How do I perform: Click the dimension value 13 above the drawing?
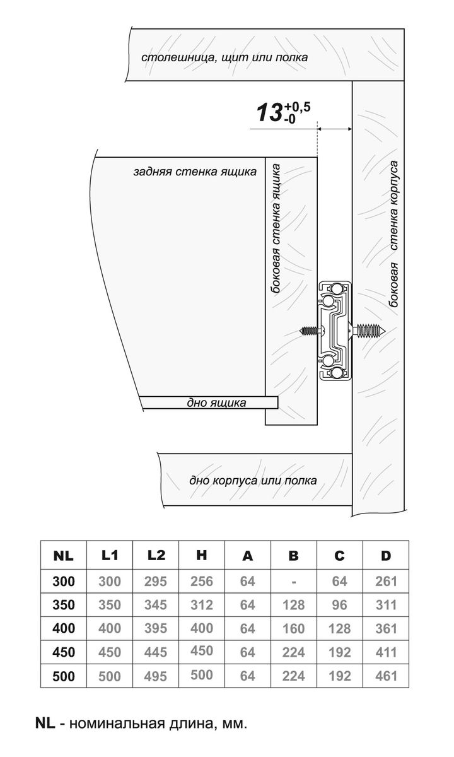(269, 114)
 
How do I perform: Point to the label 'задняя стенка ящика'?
(195, 172)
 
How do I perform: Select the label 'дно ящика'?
(217, 403)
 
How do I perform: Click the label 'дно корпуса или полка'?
(253, 480)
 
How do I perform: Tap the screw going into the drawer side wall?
(309, 330)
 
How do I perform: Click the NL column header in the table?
(63, 556)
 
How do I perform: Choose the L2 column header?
(156, 556)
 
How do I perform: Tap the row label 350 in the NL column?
(63, 605)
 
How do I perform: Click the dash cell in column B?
(294, 582)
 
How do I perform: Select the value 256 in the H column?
(202, 582)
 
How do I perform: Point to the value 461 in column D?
(386, 676)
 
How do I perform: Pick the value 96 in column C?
(340, 605)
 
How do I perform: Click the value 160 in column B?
(294, 629)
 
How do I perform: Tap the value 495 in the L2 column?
(155, 676)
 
